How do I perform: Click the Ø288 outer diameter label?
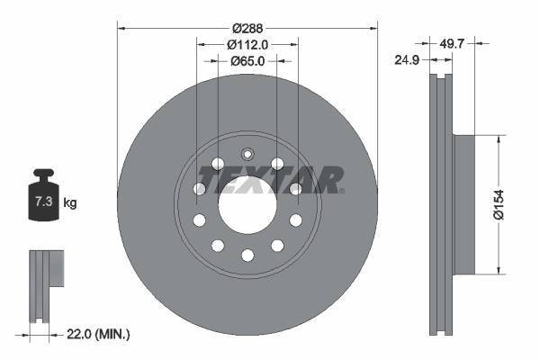247,28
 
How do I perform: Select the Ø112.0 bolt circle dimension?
247,44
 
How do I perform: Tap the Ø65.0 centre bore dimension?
247,61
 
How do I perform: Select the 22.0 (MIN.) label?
98,335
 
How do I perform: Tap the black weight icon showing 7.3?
43,199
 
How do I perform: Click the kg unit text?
70,203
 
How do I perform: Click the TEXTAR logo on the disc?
270,180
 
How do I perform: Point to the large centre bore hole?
247,203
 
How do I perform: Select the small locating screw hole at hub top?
247,153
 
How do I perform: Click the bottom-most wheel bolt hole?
247,256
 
